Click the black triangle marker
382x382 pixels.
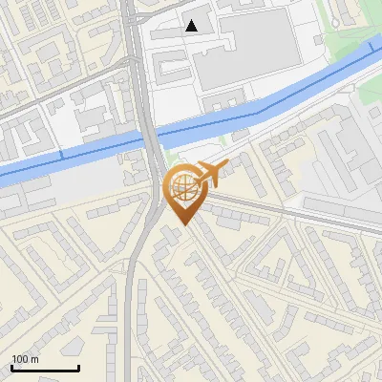click(x=193, y=26)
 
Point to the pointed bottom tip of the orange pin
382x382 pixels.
click(x=182, y=224)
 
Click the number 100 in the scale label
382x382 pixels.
click(x=21, y=360)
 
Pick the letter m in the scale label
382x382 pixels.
click(x=34, y=360)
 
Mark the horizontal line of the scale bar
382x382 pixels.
click(x=45, y=369)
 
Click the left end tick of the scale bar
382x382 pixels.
click(x=11, y=367)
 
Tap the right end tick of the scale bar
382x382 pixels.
click(x=78, y=367)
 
